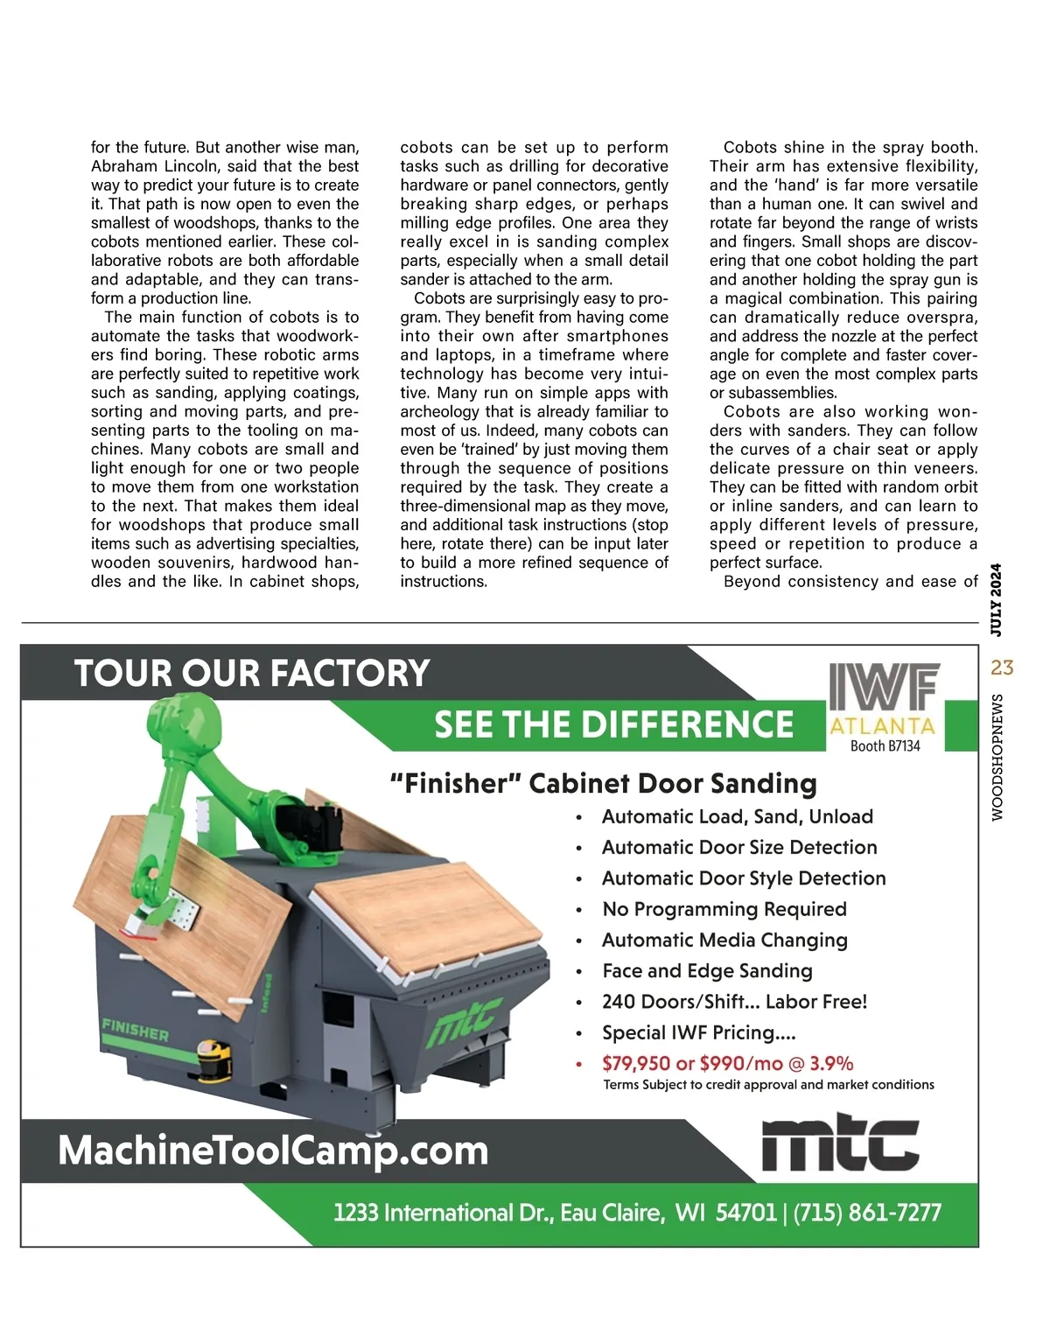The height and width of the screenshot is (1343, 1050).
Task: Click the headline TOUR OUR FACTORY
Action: click(x=252, y=674)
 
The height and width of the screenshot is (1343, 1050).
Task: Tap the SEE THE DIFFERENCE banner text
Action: click(x=613, y=724)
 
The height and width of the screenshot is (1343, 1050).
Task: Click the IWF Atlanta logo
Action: click(x=883, y=700)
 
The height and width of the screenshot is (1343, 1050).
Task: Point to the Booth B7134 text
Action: click(x=885, y=746)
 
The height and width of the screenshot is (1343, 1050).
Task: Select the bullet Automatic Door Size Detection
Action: click(x=738, y=847)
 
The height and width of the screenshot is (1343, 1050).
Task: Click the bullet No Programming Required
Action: click(x=724, y=909)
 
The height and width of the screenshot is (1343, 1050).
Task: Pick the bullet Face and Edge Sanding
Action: click(x=707, y=971)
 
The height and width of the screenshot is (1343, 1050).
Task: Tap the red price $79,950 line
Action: click(x=727, y=1064)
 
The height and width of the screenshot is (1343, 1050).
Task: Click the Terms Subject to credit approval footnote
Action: click(x=768, y=1085)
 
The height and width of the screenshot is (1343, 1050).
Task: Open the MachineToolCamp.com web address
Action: click(x=273, y=1151)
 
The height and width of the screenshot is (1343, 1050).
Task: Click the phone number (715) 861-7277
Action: click(x=867, y=1213)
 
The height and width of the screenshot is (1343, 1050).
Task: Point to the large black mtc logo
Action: click(x=840, y=1143)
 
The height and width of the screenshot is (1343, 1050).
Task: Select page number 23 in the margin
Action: click(x=1002, y=668)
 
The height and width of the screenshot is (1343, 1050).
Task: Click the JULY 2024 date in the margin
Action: click(x=997, y=599)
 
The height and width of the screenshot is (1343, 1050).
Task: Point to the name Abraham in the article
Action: click(x=122, y=166)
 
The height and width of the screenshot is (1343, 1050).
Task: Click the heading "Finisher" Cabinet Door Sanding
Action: click(x=603, y=784)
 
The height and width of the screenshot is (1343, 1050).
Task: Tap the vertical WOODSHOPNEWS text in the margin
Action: click(x=997, y=758)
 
